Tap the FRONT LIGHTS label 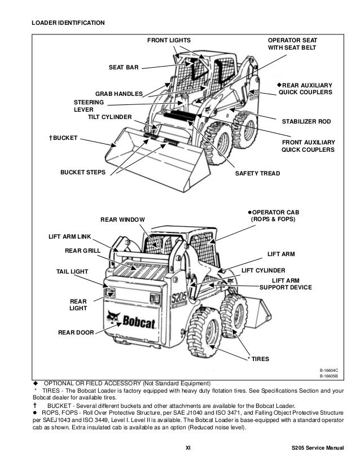click(169, 41)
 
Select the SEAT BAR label click(124, 68)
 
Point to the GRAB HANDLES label click(118, 93)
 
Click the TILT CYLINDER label click(109, 117)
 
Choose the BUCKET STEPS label click(82, 173)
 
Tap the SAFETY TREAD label click(257, 173)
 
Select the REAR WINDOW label click(122, 219)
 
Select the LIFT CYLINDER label click(263, 270)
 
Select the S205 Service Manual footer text click(313, 450)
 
